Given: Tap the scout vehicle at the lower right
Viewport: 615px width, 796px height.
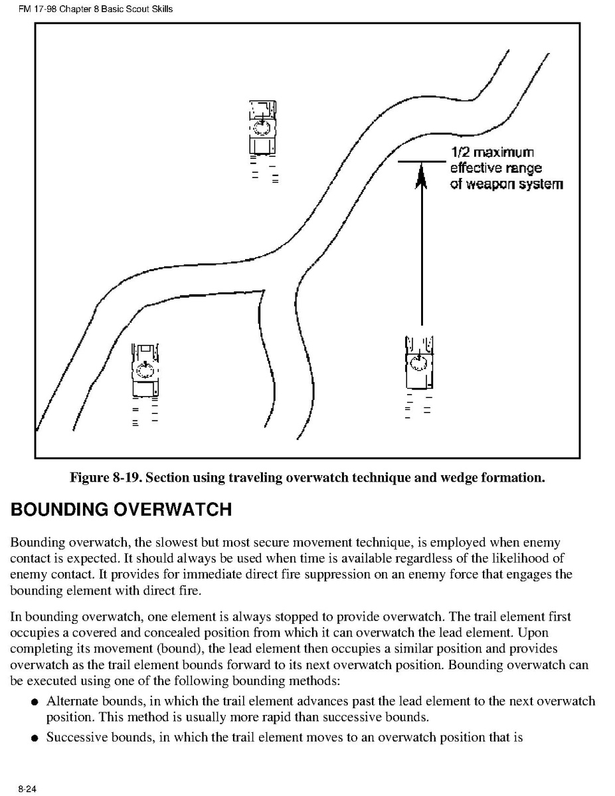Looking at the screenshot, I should [x=418, y=363].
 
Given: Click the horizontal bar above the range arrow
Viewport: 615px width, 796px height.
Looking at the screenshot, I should [x=421, y=161].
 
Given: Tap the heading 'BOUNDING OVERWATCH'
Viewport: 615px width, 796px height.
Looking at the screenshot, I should [x=121, y=510].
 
